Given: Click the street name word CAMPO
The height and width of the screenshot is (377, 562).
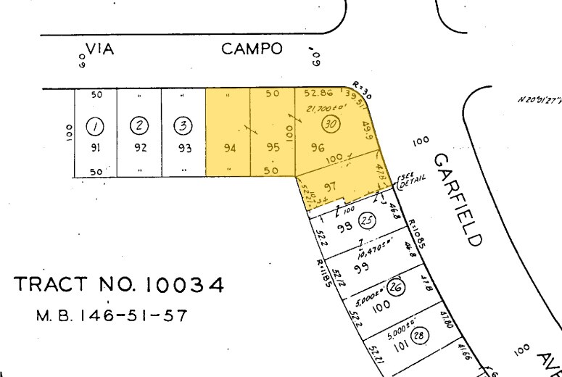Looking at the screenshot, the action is click(x=251, y=49).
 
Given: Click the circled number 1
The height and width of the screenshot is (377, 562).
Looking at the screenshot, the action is click(x=94, y=126).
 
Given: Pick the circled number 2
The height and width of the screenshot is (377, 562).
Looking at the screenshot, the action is click(x=139, y=126).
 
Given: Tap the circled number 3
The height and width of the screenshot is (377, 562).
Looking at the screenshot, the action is click(x=183, y=126).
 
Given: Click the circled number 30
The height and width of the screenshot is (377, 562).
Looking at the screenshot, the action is click(x=331, y=124).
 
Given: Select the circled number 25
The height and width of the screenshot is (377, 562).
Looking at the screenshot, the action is click(x=366, y=220).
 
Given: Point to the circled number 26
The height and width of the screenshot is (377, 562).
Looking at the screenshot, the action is click(x=395, y=286).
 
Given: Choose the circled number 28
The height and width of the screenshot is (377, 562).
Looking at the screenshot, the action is click(x=418, y=335).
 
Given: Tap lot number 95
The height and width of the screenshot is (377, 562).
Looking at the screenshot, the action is click(x=273, y=148).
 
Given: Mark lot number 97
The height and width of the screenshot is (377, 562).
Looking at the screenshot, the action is click(x=331, y=186).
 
